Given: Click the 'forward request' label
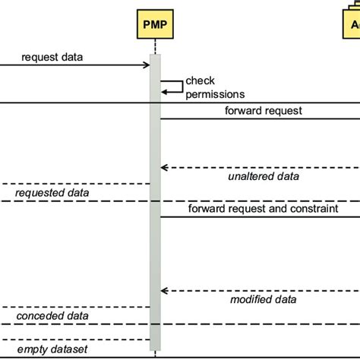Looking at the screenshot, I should tap(264, 110).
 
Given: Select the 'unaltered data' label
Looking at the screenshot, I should tap(264, 176).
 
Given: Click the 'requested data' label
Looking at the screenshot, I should tap(52, 193).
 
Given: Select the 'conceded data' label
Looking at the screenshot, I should tap(52, 316).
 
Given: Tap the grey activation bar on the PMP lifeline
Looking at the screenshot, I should tap(155, 228).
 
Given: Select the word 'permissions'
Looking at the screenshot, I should tap(219, 95).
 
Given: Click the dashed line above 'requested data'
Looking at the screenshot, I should tap(76, 184).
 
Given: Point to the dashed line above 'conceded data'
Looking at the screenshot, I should tap(76, 307).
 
